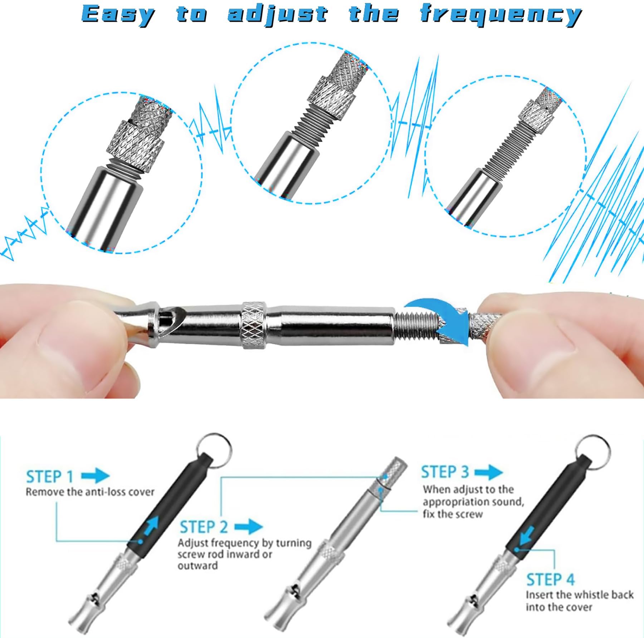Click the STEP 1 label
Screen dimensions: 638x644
click(x=50, y=477)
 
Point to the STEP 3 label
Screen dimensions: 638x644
click(x=445, y=472)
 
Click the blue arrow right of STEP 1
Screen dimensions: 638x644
click(x=96, y=476)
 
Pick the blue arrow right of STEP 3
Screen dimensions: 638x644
click(x=489, y=472)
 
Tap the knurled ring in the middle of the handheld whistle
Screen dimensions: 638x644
click(x=254, y=325)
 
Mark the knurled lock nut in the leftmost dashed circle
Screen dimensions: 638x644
click(x=136, y=142)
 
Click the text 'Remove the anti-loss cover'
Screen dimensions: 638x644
click(x=90, y=492)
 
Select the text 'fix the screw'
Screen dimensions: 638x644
click(x=453, y=514)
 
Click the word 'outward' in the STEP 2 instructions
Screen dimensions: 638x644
click(x=197, y=566)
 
